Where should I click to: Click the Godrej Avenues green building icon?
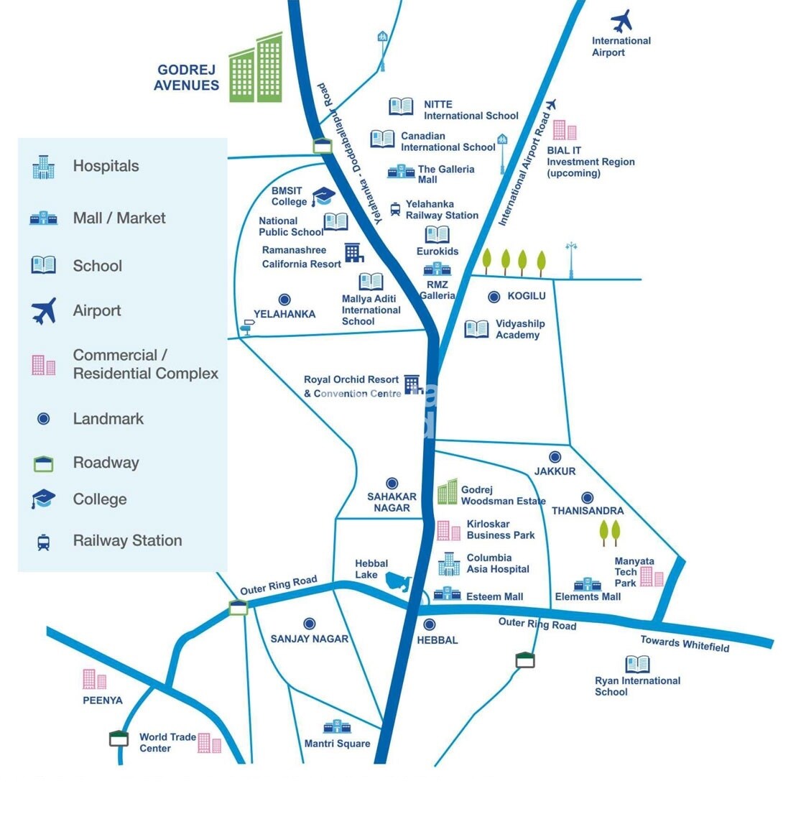coord(256,70)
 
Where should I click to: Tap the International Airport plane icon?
coord(621,21)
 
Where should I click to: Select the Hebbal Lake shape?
coord(398,581)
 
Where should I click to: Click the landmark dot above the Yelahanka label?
coord(284,300)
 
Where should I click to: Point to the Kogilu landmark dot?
coord(494,297)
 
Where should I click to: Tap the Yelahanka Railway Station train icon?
coord(395,209)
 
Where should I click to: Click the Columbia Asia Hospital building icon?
coord(449,564)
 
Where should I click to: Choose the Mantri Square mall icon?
coord(337,727)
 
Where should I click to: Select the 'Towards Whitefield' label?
coord(685,643)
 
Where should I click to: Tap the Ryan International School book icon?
coord(637,664)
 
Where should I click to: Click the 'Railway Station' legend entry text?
coord(127,540)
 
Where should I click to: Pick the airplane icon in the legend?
coord(44,311)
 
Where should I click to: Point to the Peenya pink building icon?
coord(94,679)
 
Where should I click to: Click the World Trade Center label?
coord(167,742)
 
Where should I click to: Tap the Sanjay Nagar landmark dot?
coord(310,624)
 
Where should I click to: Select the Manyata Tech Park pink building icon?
coord(652,576)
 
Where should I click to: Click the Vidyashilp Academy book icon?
coord(476,329)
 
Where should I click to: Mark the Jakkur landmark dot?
coord(555,457)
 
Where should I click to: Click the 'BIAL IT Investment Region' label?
coord(590,162)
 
